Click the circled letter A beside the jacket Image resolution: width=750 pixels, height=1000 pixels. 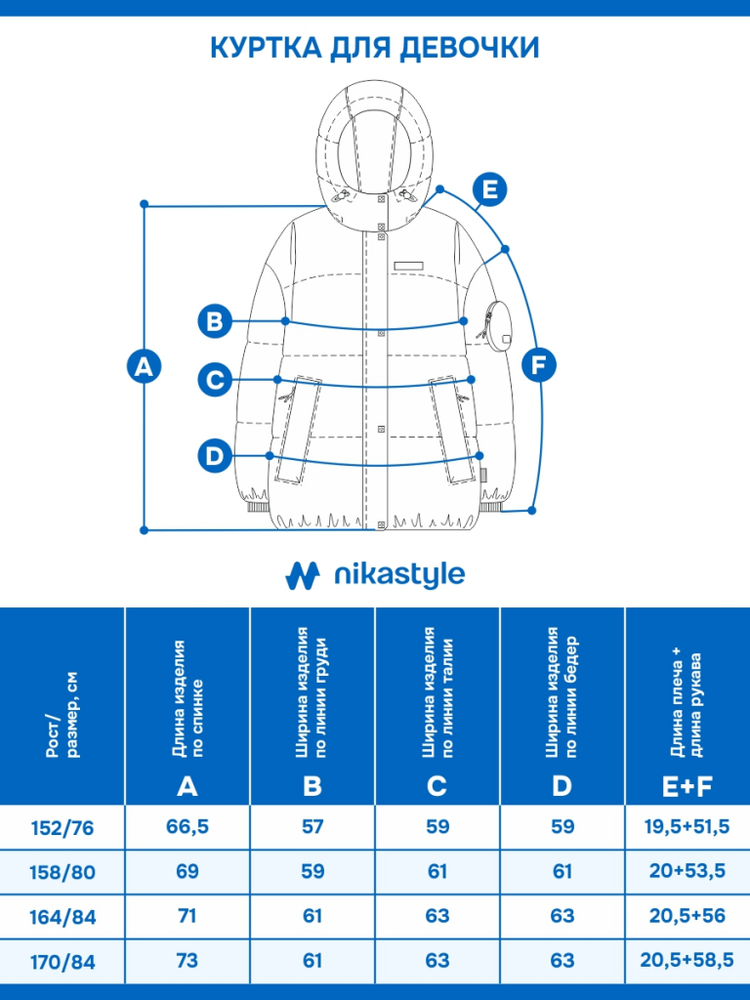pos(145,366)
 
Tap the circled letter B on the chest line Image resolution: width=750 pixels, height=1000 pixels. pos(215,320)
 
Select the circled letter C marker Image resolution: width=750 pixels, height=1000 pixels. pos(215,380)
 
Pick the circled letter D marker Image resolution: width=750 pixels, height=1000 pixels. pos(215,456)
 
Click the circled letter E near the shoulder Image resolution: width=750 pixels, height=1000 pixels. pos(490,189)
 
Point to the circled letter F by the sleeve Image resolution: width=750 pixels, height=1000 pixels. pos(539,365)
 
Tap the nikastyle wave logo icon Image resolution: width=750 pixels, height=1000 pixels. pos(303,575)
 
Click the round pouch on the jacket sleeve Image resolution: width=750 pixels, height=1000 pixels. pos(496,324)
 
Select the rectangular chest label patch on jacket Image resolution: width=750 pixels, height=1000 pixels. pos(409,266)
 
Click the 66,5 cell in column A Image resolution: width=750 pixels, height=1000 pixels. pos(187,826)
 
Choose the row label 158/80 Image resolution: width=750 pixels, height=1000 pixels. pos(62,872)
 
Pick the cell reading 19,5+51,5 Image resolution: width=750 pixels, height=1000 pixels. pos(687,826)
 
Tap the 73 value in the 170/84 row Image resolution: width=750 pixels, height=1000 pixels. pos(187,961)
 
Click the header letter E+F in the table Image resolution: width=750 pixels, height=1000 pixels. pos(687,787)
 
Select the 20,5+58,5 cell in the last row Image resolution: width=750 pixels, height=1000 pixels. pos(687,961)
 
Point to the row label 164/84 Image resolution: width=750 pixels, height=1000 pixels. pos(62,917)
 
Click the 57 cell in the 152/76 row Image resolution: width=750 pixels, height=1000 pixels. pos(312,826)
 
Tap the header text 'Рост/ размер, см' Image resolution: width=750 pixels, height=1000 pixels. pos(62,714)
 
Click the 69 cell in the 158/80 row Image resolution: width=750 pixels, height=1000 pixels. pos(187,871)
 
